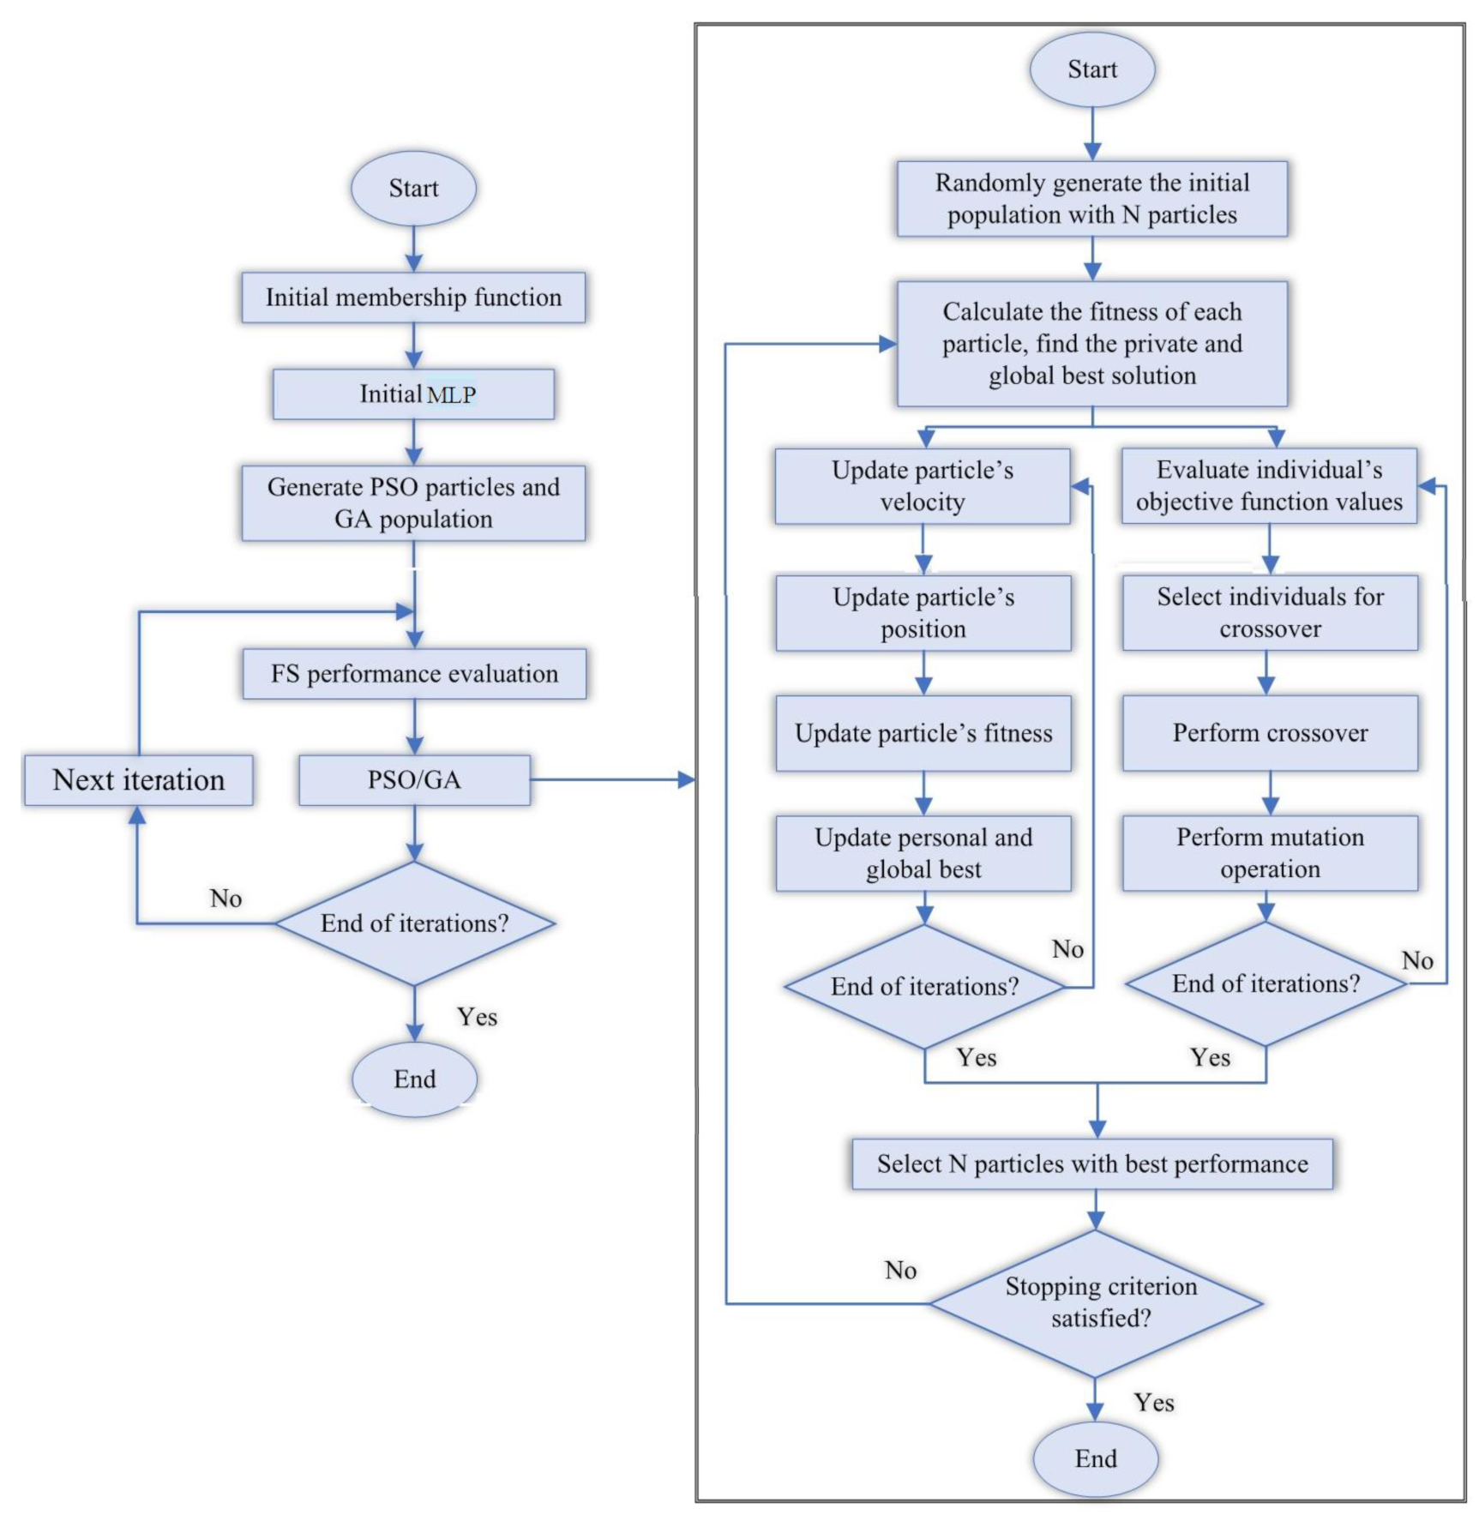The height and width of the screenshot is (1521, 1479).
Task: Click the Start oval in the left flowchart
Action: click(413, 189)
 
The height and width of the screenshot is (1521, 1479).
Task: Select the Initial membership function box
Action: click(413, 298)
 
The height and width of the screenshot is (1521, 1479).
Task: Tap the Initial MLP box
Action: click(413, 394)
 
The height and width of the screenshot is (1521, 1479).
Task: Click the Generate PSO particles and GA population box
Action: click(413, 503)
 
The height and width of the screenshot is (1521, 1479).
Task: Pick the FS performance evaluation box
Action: click(414, 674)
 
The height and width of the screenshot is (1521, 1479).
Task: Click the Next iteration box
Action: click(138, 780)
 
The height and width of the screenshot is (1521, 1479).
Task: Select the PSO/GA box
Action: click(414, 780)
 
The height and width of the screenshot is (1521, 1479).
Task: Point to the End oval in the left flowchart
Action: click(414, 1079)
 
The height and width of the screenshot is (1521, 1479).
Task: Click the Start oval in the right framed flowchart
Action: click(1092, 69)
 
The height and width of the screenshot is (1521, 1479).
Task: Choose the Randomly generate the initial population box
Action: click(1092, 199)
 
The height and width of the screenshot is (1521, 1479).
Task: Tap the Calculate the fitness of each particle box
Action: click(1092, 344)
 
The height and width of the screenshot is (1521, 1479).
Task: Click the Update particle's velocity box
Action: click(923, 486)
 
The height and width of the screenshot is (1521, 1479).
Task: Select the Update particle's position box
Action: click(923, 613)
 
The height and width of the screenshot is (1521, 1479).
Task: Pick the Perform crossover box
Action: click(1270, 733)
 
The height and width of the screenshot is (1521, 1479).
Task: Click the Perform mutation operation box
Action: click(1270, 853)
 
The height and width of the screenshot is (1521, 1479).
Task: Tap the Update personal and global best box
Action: click(923, 853)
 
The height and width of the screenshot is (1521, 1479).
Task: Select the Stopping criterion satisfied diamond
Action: click(1096, 1304)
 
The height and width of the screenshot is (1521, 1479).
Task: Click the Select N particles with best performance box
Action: click(1092, 1164)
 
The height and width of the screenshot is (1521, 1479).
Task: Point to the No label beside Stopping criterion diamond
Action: click(900, 1271)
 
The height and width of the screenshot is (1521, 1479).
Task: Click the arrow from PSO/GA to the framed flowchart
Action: click(612, 780)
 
